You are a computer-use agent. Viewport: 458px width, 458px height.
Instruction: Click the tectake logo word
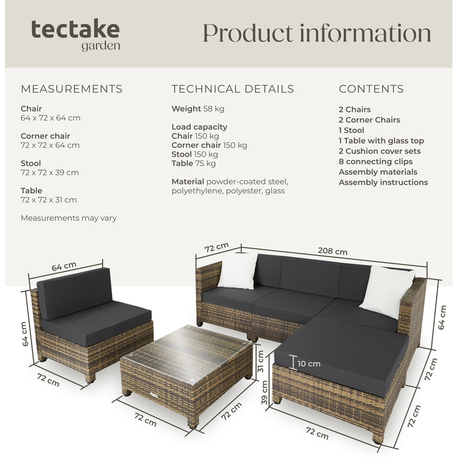76,29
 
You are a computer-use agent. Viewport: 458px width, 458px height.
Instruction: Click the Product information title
317,33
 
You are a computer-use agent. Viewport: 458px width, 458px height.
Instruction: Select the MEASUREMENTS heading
71,89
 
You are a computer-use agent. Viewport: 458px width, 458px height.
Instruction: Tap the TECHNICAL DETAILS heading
233,89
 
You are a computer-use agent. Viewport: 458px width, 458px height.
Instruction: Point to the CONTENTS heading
371,89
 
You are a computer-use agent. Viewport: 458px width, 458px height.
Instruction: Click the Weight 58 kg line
198,109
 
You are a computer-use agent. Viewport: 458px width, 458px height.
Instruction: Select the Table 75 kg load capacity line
193,164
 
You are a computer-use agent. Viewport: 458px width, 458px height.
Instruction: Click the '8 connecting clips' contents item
376,162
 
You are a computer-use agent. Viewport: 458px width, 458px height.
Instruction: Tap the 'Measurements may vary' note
69,218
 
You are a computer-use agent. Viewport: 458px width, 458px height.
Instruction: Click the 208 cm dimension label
333,251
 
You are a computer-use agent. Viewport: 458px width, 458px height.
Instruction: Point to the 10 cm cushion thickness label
309,364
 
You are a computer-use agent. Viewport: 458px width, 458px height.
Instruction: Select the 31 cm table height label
261,362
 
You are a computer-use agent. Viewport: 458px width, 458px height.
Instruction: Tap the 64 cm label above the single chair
64,267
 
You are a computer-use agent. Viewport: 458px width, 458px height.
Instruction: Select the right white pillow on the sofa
386,292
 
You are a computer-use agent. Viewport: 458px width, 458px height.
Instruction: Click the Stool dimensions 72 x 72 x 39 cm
49,173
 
